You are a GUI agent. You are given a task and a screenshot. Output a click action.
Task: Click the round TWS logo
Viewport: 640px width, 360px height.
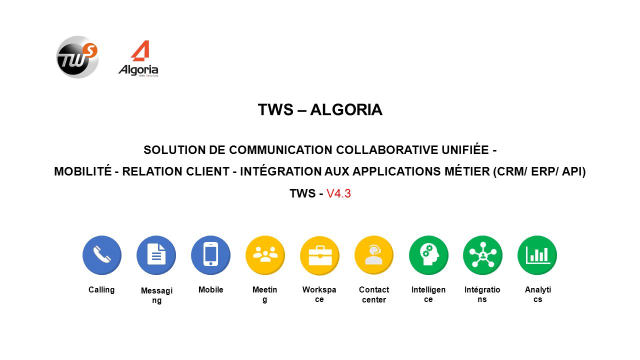(x=77, y=57)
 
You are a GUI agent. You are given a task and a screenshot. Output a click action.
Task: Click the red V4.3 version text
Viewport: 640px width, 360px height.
(x=338, y=193)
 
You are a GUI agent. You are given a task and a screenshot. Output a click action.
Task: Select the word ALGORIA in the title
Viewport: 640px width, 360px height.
(x=346, y=109)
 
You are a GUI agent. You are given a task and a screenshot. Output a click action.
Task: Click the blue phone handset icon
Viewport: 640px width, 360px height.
(x=102, y=255)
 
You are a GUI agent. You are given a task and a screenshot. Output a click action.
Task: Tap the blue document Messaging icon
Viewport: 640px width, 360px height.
(x=156, y=255)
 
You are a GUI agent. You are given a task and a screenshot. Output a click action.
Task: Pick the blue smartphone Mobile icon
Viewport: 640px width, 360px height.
(x=211, y=255)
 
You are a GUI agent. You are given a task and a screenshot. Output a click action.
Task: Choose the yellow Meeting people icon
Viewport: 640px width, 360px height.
(x=265, y=255)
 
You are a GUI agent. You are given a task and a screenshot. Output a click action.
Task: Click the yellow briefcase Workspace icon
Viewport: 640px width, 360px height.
(x=319, y=255)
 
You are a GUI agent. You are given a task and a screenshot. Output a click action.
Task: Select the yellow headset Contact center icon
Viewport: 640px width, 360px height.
(x=374, y=255)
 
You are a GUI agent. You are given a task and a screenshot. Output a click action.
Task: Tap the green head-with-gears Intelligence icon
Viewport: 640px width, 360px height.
(x=428, y=255)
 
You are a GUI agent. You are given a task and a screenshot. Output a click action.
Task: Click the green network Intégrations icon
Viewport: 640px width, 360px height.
(x=483, y=255)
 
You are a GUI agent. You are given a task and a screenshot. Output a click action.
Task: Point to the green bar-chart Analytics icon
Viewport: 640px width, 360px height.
(x=537, y=255)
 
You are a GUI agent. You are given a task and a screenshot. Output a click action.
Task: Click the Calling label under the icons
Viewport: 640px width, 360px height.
(x=101, y=290)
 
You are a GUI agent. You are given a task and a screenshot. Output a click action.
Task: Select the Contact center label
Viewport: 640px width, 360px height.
(x=374, y=294)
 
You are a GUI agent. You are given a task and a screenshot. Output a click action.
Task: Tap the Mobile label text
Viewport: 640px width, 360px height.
(x=211, y=289)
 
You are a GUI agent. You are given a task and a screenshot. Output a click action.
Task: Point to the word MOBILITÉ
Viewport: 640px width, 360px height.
(x=83, y=171)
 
